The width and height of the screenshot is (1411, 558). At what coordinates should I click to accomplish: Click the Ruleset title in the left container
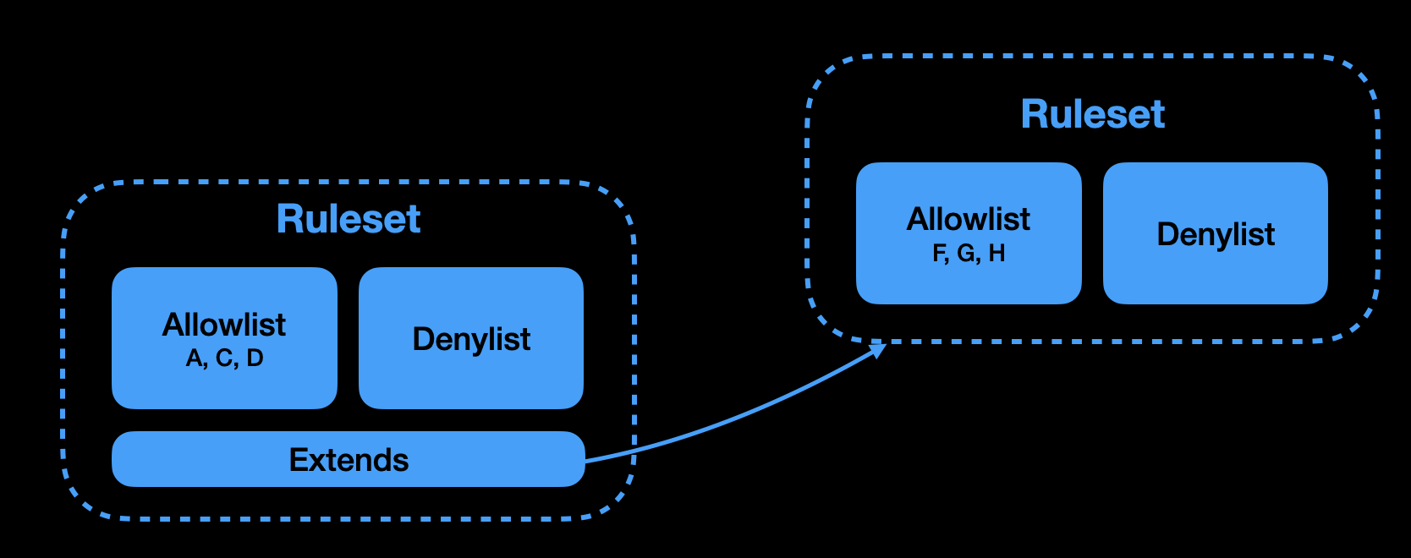coord(349,220)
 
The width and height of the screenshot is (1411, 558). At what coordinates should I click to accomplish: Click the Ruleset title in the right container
coord(1092,114)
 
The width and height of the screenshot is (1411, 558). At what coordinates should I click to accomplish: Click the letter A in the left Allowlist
coord(195,358)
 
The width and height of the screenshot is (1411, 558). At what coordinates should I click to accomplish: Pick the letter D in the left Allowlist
coord(255,358)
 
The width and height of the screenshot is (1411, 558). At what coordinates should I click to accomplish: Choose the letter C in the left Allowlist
coord(224,358)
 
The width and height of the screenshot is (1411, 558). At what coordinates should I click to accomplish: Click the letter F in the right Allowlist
coord(939,254)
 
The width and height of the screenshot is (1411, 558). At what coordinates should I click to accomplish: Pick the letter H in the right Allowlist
coord(996,254)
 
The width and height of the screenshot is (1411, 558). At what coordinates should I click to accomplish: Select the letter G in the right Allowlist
coord(967,254)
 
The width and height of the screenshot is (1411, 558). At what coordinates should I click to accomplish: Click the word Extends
coord(349,460)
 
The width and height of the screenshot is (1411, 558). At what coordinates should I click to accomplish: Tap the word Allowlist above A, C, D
coord(224,325)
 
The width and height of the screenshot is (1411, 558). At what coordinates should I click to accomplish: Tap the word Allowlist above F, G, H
coord(969,220)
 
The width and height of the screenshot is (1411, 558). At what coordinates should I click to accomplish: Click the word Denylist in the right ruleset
coord(1216,234)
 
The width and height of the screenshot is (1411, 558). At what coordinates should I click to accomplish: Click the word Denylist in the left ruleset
coord(471,339)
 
